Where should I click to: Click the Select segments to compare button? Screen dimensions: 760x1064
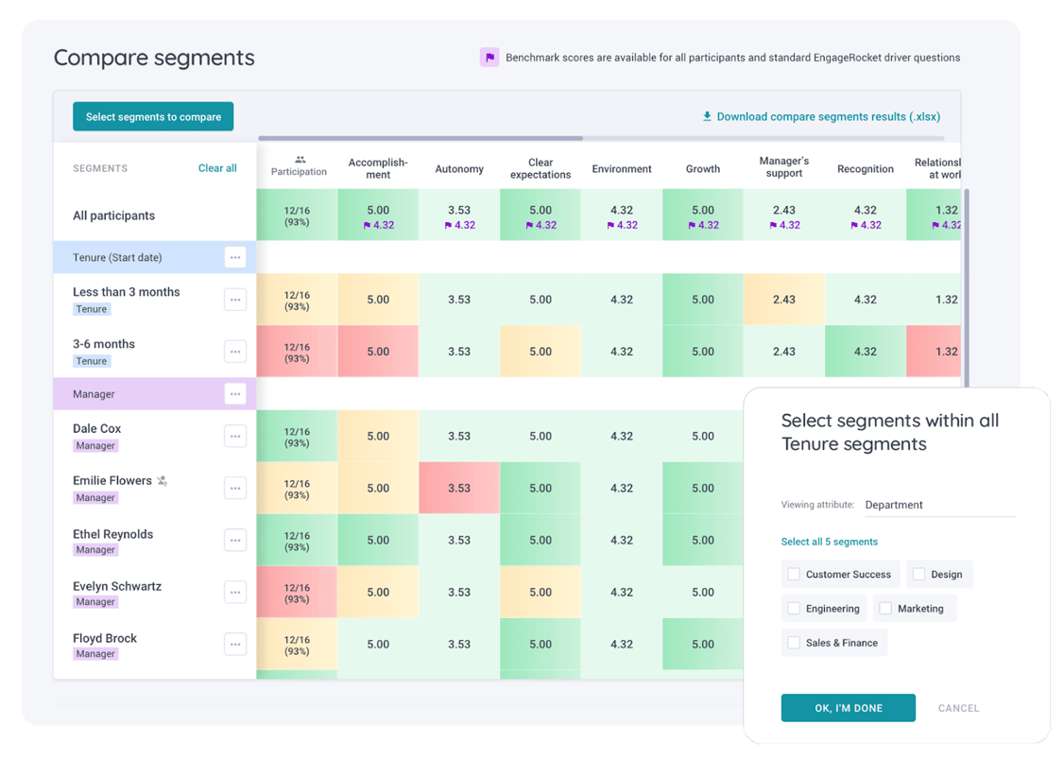153,116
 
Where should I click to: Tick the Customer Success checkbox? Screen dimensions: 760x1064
794,574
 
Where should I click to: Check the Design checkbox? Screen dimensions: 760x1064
918,574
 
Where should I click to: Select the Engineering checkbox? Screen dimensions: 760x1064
794,609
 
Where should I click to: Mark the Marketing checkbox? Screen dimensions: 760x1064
885,609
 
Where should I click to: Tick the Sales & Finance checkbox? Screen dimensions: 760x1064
794,643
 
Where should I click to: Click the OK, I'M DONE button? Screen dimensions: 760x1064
848,708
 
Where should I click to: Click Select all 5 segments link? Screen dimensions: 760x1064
829,542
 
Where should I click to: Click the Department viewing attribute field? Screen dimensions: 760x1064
938,505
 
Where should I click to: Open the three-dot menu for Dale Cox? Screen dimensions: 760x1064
235,436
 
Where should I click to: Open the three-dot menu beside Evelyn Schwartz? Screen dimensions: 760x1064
235,593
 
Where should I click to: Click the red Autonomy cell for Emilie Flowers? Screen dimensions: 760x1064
459,488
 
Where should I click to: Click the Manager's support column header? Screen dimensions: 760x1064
783,167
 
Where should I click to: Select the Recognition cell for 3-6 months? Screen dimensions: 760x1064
865,351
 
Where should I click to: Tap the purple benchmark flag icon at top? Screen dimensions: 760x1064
489,58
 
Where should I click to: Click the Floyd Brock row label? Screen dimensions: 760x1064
105,639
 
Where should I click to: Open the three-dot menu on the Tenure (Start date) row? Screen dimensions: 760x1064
235,257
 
